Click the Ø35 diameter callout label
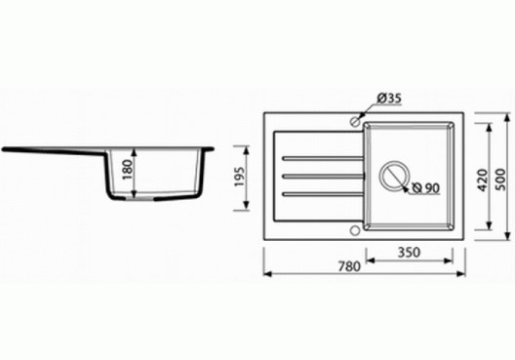389,99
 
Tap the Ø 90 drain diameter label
425,188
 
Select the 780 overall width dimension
349,266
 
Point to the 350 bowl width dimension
409,253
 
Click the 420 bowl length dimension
483,180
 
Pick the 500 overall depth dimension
501,180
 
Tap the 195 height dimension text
239,177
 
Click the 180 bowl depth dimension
128,170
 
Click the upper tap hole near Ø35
355,121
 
